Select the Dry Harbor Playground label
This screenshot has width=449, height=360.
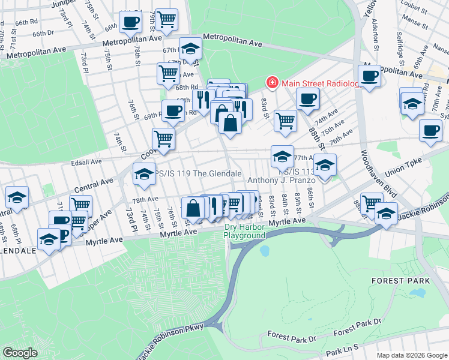click(244, 231)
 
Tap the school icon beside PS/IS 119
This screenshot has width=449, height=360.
click(144, 173)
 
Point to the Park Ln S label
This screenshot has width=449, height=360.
click(343, 350)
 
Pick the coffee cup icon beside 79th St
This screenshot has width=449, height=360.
click(130, 22)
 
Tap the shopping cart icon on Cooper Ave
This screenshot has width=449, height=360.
click(163, 139)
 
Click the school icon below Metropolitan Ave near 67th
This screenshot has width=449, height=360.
click(190, 49)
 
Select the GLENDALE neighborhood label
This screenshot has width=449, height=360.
click(17, 251)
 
